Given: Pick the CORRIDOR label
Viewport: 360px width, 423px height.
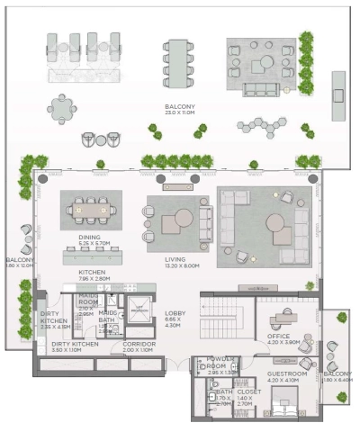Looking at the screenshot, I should point(139,346).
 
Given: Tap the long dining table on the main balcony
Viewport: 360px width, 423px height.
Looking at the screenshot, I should point(177,64).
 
